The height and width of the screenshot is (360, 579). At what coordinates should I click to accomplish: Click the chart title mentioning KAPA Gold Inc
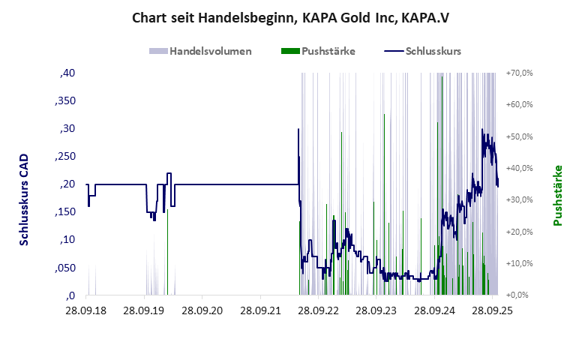(289, 18)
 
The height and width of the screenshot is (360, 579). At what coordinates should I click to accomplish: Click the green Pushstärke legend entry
(318, 52)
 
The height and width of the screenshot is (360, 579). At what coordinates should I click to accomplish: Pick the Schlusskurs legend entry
(422, 52)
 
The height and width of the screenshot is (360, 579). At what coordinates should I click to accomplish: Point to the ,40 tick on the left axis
(66, 73)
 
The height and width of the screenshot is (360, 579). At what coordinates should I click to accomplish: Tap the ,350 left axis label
(64, 100)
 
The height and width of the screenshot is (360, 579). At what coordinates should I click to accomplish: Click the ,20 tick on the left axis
(66, 184)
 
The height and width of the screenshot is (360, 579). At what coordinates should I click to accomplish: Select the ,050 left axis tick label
(64, 268)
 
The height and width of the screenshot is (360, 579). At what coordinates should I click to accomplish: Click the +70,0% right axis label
(519, 73)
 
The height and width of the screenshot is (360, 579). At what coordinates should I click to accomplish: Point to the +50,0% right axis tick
(519, 136)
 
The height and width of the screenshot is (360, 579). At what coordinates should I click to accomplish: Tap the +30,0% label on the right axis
(519, 199)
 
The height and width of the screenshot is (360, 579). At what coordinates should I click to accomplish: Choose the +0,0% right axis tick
(519, 295)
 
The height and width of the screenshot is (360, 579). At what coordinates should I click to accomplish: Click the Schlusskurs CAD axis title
(24, 199)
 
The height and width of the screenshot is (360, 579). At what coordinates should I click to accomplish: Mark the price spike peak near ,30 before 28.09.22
(298, 130)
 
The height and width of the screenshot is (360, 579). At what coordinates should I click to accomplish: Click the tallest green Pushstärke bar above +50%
(384, 115)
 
